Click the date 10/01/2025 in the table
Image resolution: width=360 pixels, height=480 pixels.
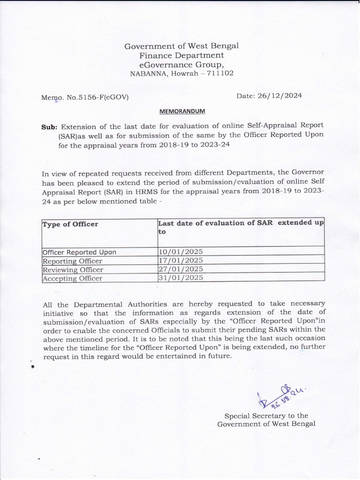tap(181, 252)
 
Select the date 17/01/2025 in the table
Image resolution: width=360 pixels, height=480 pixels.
tap(181, 260)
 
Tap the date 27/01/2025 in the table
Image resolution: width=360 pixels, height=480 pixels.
tap(181, 270)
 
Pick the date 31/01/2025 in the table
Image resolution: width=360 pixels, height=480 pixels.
tap(181, 278)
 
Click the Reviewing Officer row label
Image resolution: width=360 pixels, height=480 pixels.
tap(73, 270)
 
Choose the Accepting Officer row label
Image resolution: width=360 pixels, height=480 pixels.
tap(72, 278)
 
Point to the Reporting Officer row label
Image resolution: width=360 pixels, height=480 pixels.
tap(72, 261)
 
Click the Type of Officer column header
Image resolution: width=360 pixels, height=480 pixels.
tap(70, 224)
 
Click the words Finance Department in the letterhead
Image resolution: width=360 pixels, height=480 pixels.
tap(181, 55)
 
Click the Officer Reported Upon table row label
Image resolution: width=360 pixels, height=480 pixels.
tap(79, 252)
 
